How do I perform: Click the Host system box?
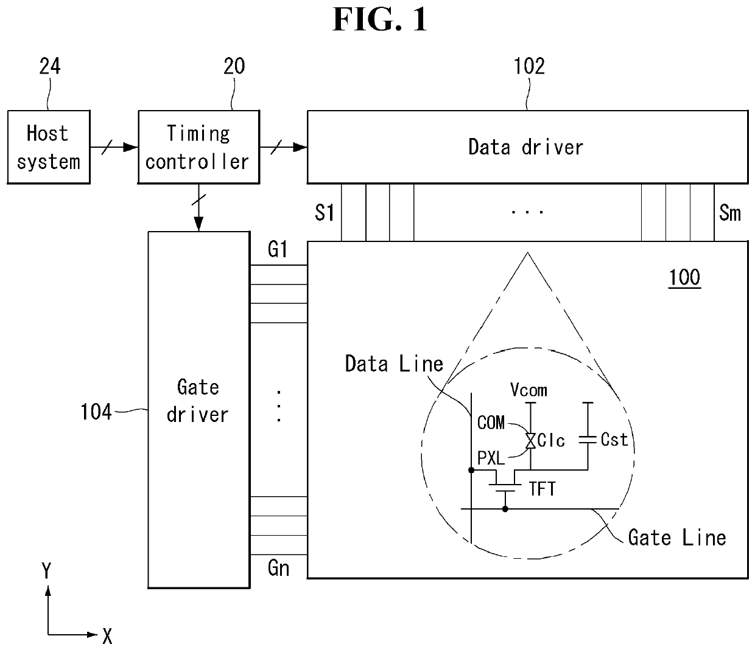49,147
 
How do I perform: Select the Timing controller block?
198,147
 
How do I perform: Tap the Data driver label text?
525,147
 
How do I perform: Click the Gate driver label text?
198,401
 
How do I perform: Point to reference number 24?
50,66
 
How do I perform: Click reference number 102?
529,66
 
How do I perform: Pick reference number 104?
96,412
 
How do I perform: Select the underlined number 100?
684,278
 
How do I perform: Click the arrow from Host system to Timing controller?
114,147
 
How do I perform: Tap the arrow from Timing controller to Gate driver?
198,207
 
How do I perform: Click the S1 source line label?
325,213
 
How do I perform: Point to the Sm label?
730,213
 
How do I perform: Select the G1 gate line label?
278,249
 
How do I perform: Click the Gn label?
278,568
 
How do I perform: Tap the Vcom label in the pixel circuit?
528,390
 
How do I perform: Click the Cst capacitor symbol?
588,440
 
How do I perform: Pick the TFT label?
543,489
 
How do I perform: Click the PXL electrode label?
491,458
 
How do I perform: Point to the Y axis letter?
46,571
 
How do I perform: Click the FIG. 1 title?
379,19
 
